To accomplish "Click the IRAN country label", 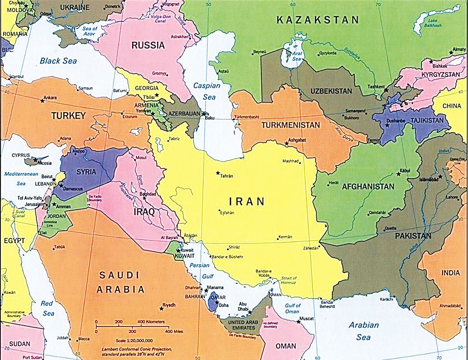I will pos(247,202).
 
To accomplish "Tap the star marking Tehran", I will pos(218,173).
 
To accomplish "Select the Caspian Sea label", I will pos(207,91).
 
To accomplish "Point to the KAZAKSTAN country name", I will pos(317,20).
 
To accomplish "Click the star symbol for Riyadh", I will pos(161,309).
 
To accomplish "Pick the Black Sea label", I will pos(58,61).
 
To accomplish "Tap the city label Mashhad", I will pos(291,161).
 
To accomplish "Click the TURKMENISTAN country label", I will pos(291,125).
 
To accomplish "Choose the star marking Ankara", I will pos(42,101).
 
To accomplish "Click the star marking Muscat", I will pos(299,322).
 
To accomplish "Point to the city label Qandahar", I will pos(377,213).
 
